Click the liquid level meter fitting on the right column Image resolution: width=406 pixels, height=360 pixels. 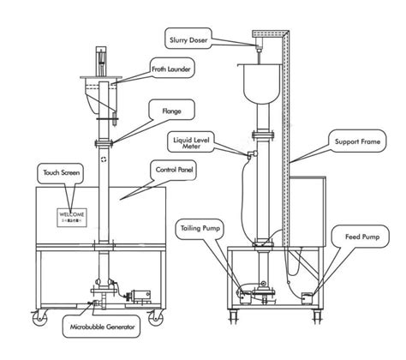click(x=249, y=153)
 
